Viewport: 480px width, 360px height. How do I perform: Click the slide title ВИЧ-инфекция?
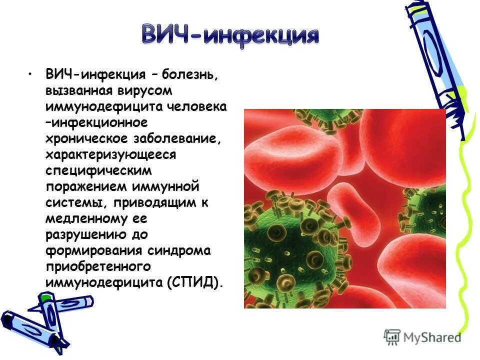click(x=230, y=35)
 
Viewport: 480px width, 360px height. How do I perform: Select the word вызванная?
click(x=79, y=91)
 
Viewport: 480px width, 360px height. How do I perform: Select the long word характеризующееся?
click(x=110, y=154)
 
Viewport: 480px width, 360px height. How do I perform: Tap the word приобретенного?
click(x=98, y=266)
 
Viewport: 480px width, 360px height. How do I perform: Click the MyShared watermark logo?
click(x=422, y=337)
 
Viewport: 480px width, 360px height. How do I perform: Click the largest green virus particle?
click(x=290, y=240)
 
